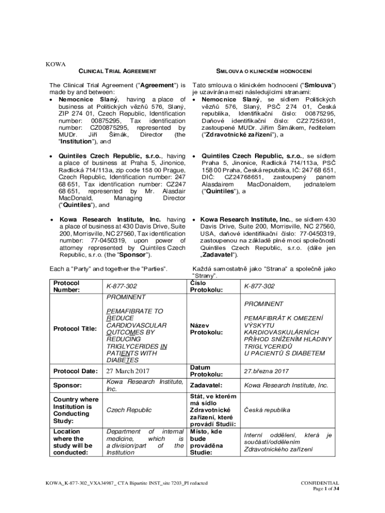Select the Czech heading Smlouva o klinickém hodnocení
[263, 72]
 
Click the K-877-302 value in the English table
[121, 286]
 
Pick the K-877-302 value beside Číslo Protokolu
[259, 286]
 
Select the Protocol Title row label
[75, 329]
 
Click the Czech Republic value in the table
[129, 410]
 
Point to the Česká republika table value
[267, 410]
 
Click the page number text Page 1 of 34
[326, 489]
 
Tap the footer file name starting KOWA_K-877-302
[126, 483]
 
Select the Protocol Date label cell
[75, 371]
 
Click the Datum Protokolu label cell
[206, 371]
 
